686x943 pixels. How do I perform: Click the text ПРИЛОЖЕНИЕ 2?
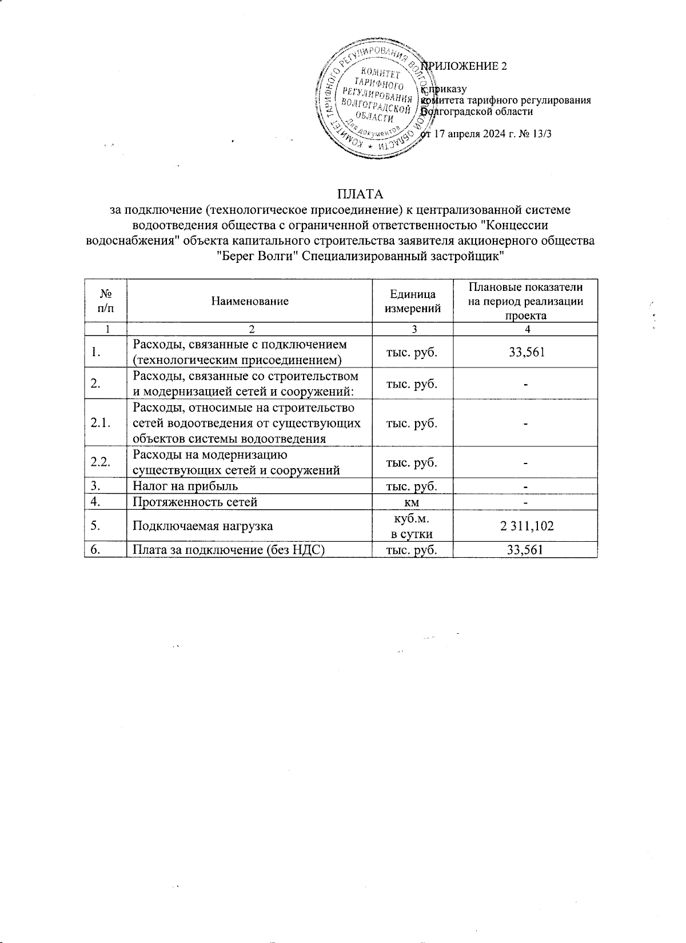pyautogui.click(x=464, y=66)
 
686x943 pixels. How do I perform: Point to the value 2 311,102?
pyautogui.click(x=527, y=526)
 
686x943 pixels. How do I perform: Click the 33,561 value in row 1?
pyautogui.click(x=527, y=352)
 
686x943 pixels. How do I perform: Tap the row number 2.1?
pyautogui.click(x=101, y=423)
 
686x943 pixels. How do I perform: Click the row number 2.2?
pyautogui.click(x=101, y=462)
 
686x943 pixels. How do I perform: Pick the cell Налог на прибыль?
pyautogui.click(x=185, y=486)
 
